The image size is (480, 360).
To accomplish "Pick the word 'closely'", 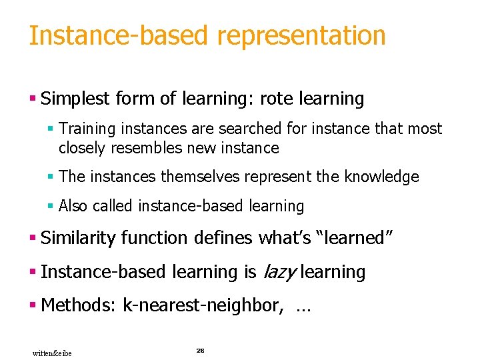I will (x=82, y=147).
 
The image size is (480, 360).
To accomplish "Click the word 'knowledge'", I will (x=381, y=177).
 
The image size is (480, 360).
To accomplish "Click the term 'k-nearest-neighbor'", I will (x=202, y=306).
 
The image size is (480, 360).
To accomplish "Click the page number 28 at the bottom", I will (x=200, y=350).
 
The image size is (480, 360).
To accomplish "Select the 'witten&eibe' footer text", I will (x=52, y=353).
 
